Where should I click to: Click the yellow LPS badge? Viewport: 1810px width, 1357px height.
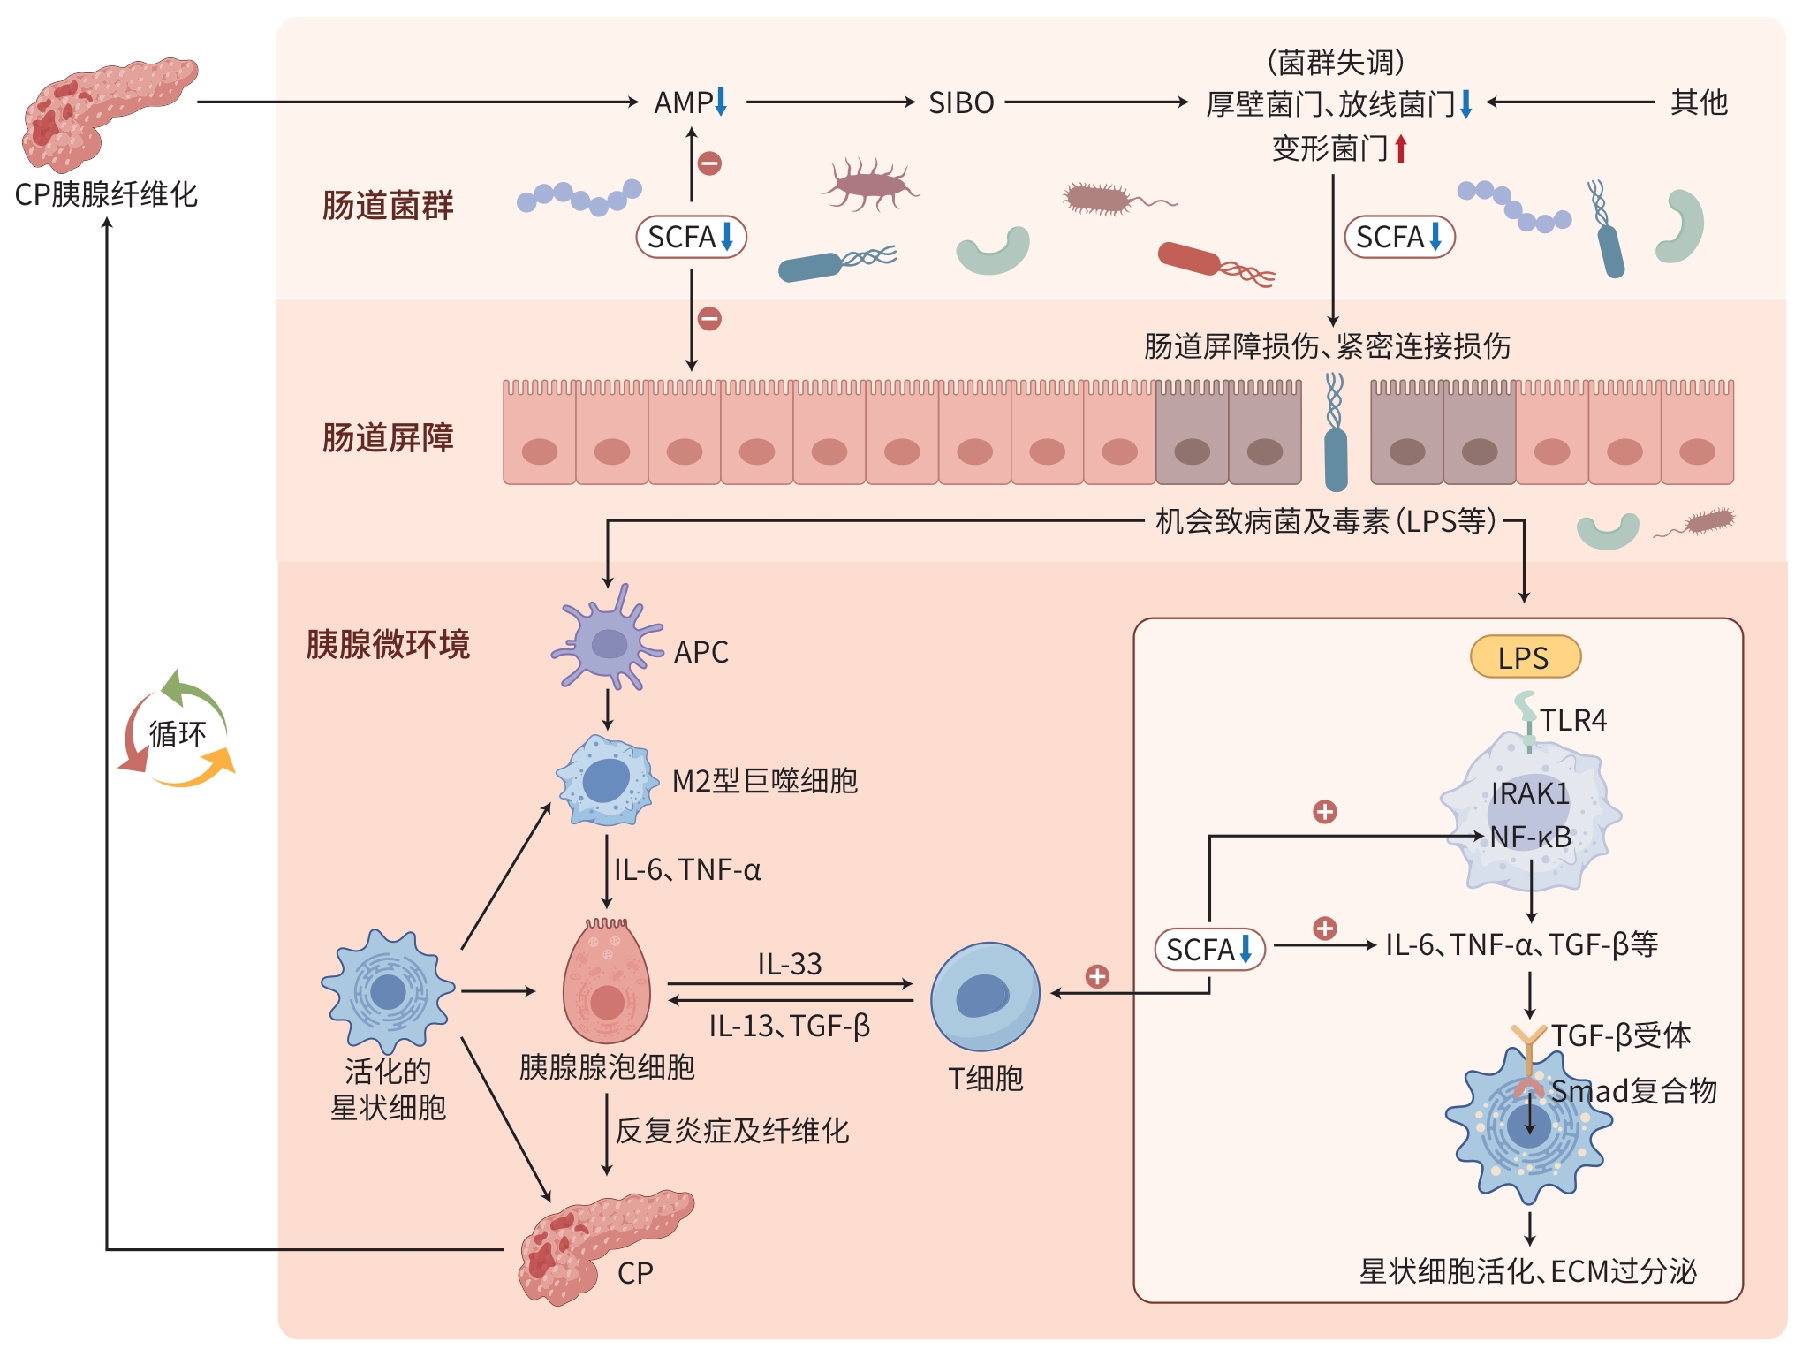point(1525,657)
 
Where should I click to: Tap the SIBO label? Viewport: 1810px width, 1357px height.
point(961,103)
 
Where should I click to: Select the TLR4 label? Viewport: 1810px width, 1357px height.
point(1573,720)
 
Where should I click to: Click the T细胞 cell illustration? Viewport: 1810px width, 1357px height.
point(985,996)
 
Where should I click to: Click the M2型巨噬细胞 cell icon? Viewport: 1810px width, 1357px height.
point(607,780)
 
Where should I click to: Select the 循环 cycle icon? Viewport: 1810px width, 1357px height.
point(177,731)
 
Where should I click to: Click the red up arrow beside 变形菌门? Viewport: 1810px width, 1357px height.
point(1401,148)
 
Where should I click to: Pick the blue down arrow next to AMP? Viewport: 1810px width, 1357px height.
point(721,102)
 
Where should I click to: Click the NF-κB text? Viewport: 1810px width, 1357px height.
point(1530,837)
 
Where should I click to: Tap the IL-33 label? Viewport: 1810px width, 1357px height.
point(790,963)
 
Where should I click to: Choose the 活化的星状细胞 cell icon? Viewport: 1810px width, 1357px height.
point(388,990)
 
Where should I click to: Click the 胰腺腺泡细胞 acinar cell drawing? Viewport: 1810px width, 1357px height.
point(607,982)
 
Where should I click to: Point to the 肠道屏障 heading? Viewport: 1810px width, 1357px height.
point(388,437)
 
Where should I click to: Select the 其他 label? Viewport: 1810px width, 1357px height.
point(1699,102)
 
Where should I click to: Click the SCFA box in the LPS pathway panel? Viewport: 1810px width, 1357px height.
point(1209,950)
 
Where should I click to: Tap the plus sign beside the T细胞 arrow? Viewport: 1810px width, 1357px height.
point(1097,976)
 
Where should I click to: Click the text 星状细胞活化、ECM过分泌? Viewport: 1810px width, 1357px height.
point(1527,1271)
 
